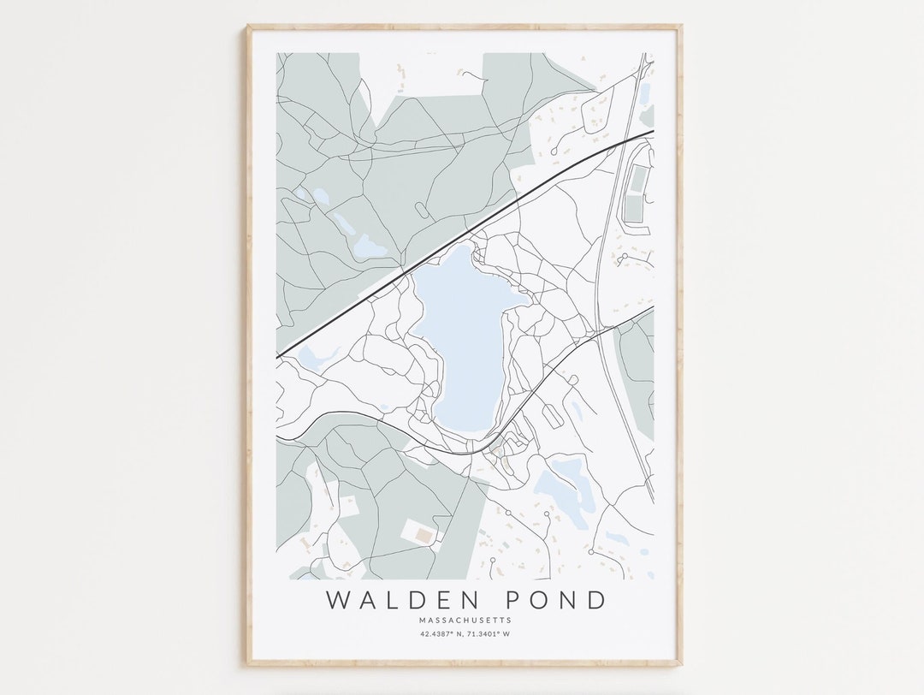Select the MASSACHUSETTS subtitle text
[465, 620]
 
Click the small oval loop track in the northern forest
[422, 210]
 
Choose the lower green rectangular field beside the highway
[634, 210]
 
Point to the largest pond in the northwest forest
[370, 247]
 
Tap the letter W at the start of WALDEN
[338, 599]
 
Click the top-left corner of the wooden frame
[249, 27]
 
